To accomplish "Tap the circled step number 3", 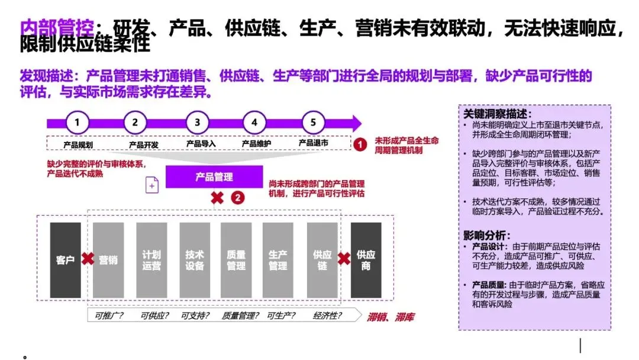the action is click(197, 123).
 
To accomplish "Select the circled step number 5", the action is click(314, 123).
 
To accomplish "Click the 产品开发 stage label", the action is click(144, 144).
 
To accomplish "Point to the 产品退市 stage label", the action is click(314, 143).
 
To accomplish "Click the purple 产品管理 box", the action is click(214, 177).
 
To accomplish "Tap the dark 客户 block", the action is click(65, 260).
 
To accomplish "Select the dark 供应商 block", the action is click(366, 260).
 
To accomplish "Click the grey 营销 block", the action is click(108, 260).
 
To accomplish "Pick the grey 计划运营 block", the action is click(151, 260).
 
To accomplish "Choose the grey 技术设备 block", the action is click(194, 260).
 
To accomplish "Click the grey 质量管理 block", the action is click(236, 260).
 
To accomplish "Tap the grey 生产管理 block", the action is click(278, 260).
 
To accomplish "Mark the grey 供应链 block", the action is click(322, 260).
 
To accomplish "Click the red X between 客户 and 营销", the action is click(88, 259).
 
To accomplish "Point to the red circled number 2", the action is click(237, 198).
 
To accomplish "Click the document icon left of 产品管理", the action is click(152, 185).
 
